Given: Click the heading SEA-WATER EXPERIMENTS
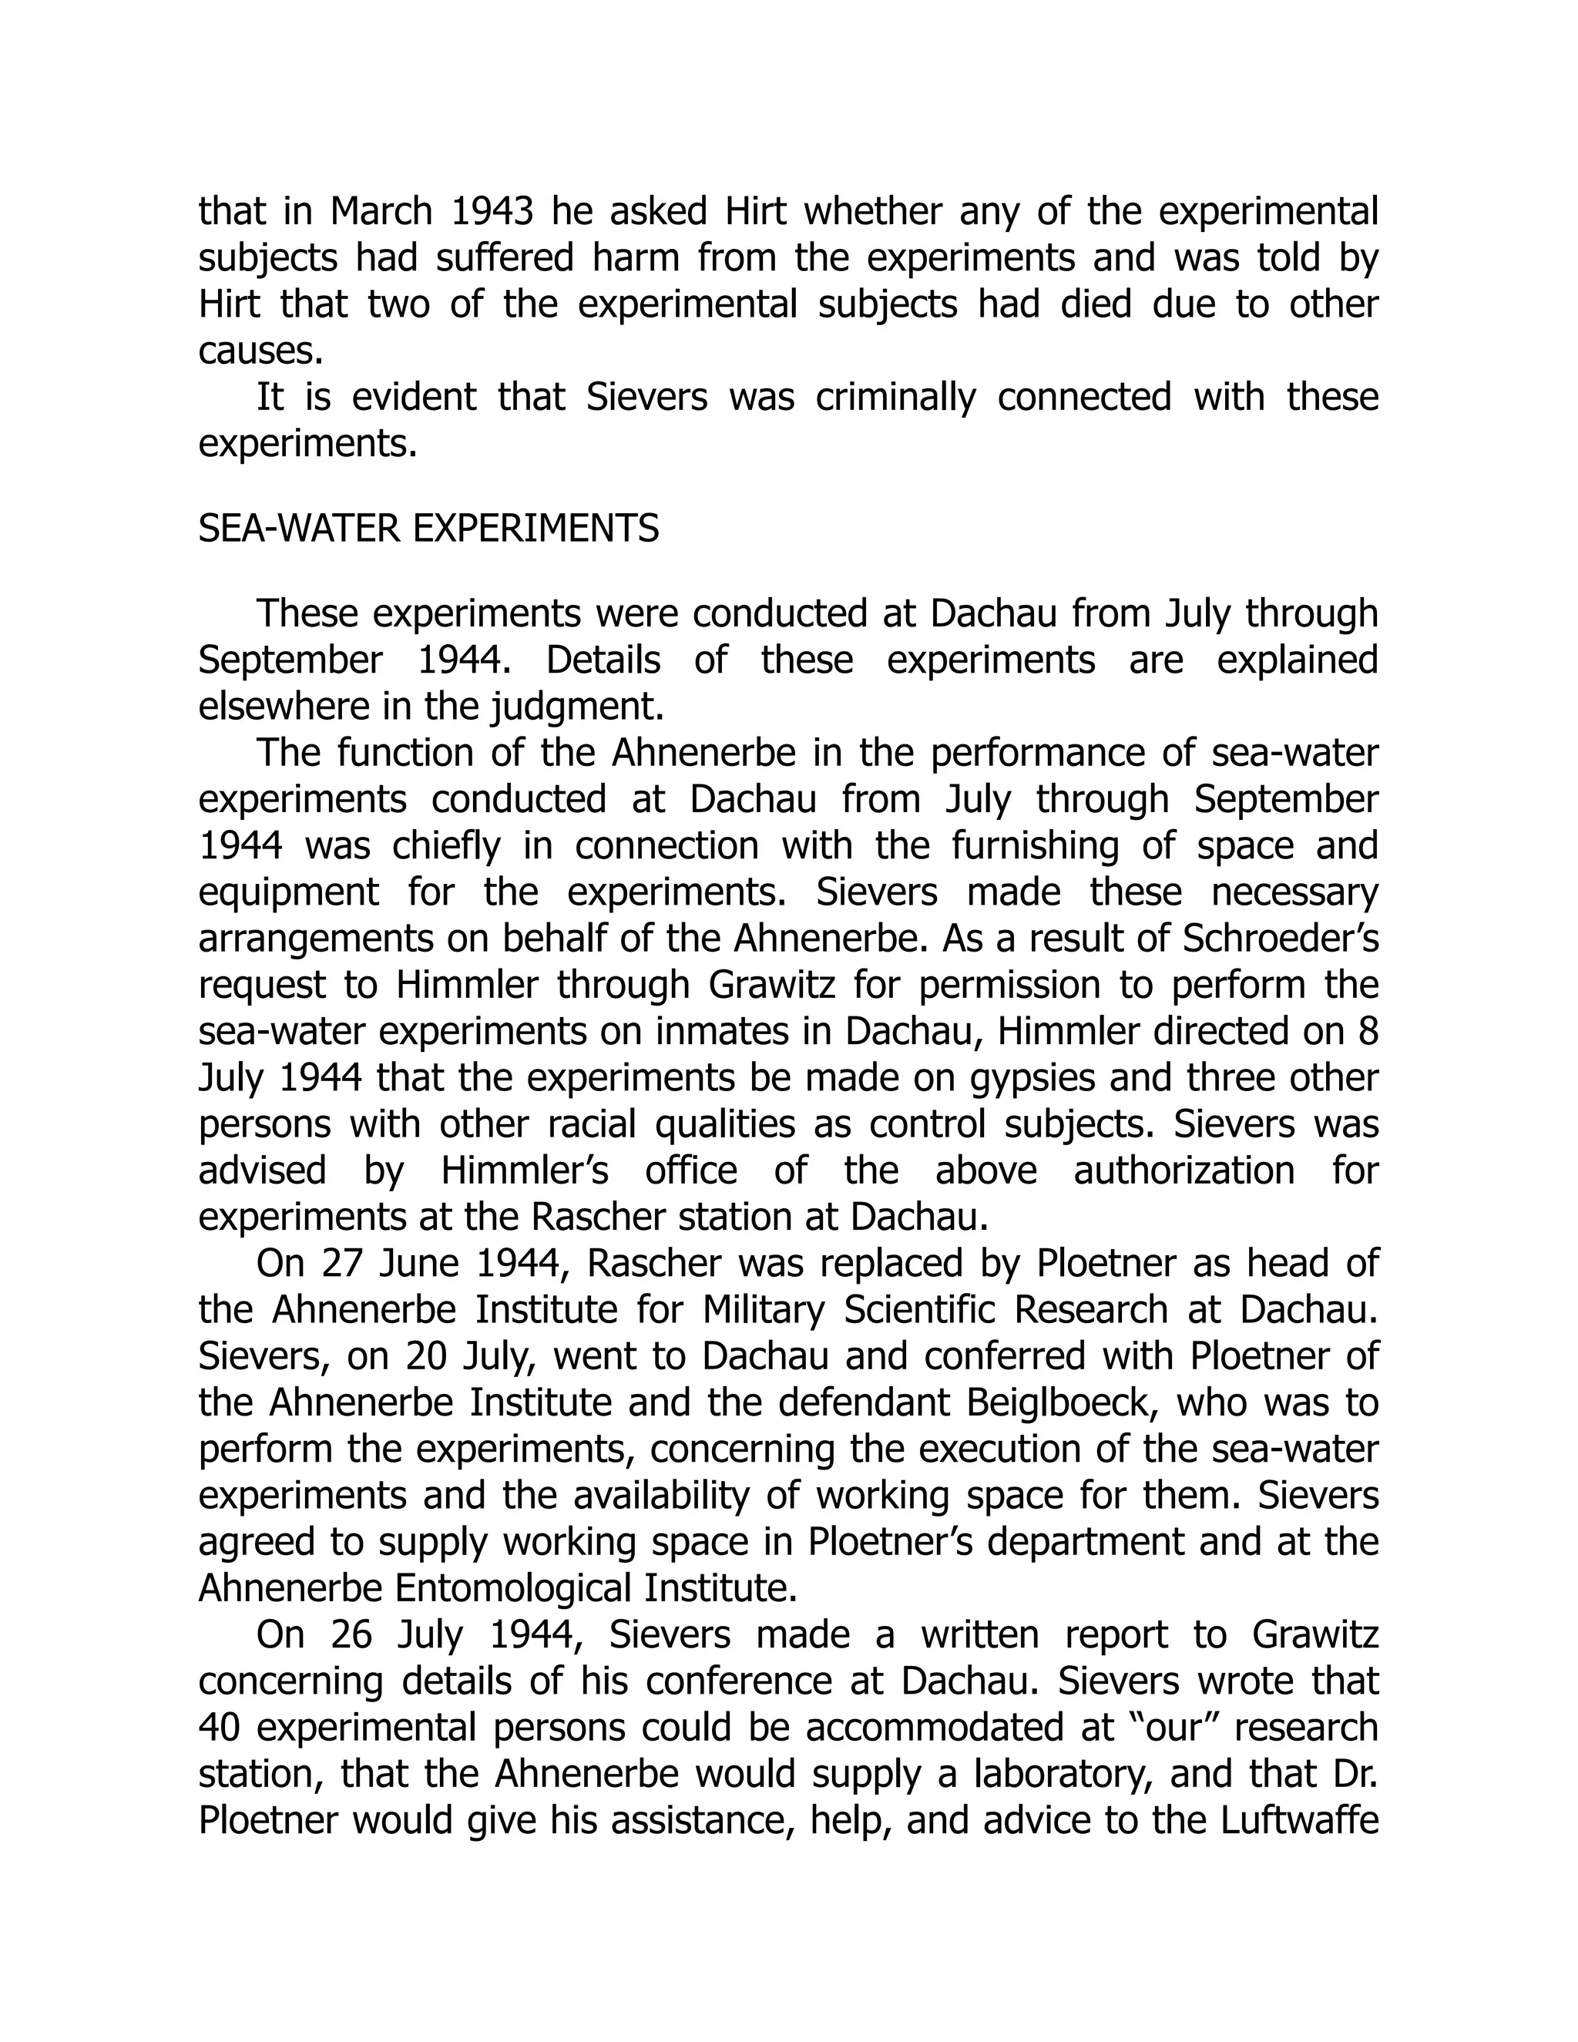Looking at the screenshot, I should [x=428, y=529].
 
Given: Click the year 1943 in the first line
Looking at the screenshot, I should [x=492, y=211].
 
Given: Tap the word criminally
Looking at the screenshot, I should [x=895, y=398].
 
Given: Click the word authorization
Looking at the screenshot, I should [x=1183, y=1170].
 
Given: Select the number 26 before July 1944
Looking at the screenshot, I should [x=352, y=1635].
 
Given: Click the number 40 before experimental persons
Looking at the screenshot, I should [x=222, y=1728].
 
